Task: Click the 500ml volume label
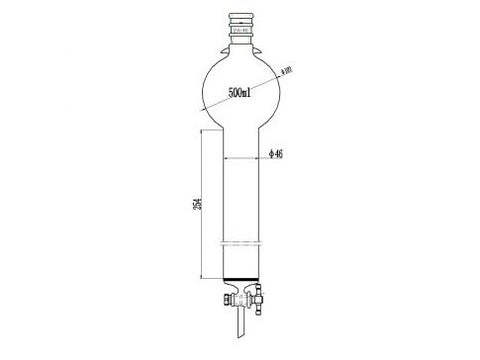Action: pyautogui.click(x=240, y=93)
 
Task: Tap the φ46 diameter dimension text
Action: pyautogui.click(x=277, y=155)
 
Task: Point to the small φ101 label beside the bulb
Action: pyautogui.click(x=288, y=71)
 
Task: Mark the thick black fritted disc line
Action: pyautogui.click(x=241, y=277)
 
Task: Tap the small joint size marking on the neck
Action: pyautogui.click(x=240, y=31)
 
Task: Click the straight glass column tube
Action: pyautogui.click(x=241, y=200)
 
